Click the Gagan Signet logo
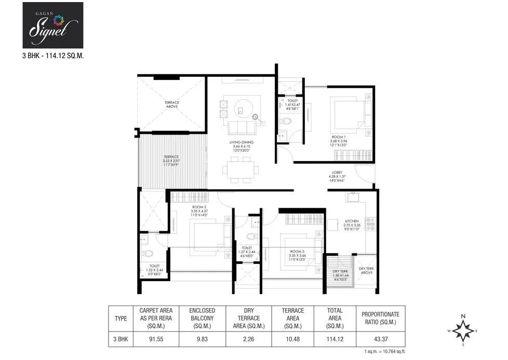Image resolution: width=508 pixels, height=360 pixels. pyautogui.click(x=53, y=25)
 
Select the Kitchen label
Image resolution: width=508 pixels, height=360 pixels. pyautogui.click(x=352, y=224)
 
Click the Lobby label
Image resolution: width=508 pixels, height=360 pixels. pyautogui.click(x=337, y=176)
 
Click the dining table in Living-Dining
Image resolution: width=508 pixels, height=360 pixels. pyautogui.click(x=240, y=169)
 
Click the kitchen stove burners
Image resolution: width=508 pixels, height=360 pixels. pyautogui.click(x=371, y=224)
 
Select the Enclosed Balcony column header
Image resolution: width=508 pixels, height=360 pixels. pyautogui.click(x=202, y=318)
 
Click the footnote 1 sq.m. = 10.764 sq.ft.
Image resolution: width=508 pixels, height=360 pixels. pyautogui.click(x=381, y=352)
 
